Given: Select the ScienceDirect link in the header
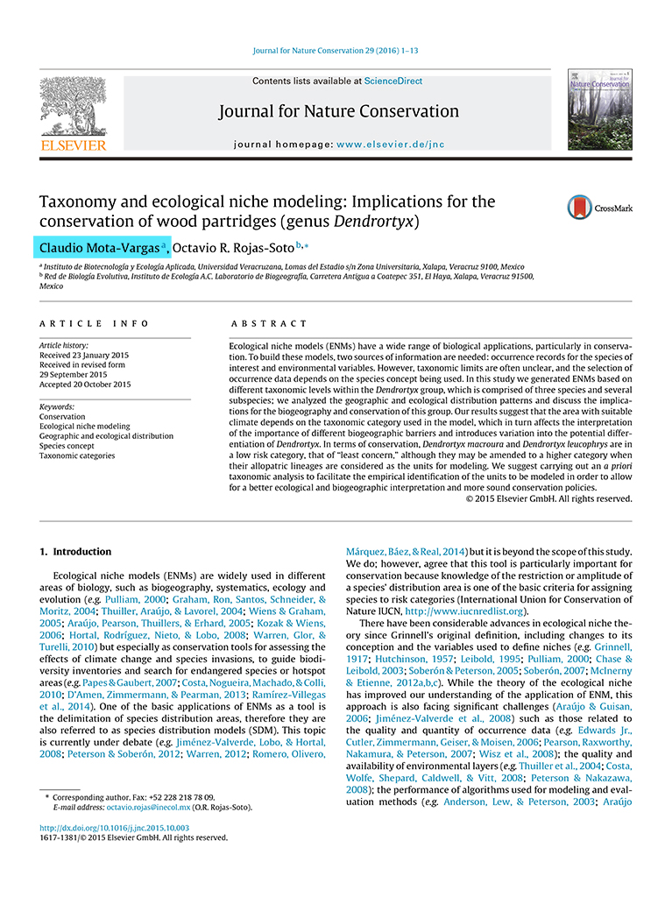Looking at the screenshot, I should pos(393,81).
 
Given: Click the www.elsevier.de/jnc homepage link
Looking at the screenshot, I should pos(387,144).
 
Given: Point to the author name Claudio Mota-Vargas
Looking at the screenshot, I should pos(100,246).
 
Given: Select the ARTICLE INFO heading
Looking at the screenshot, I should pos(94,323).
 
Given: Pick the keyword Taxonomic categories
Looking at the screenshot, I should pos(77,456).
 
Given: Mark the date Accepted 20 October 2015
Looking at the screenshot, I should pos(85,384).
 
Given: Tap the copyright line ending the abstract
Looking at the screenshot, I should pos(548,498).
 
